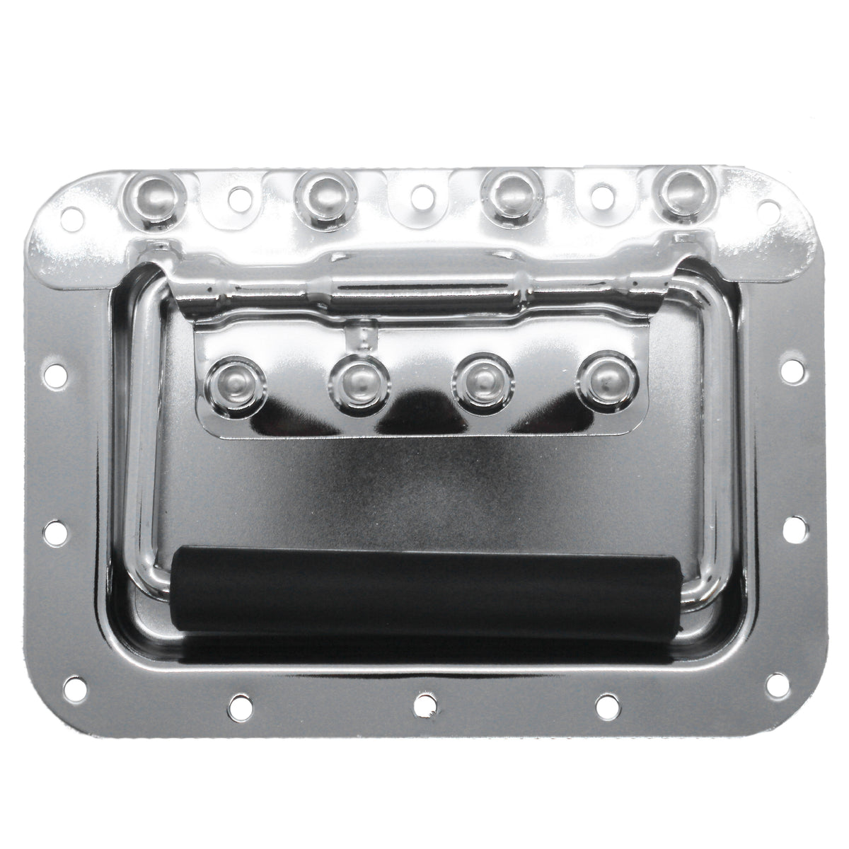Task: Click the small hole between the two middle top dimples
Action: click(422, 193)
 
